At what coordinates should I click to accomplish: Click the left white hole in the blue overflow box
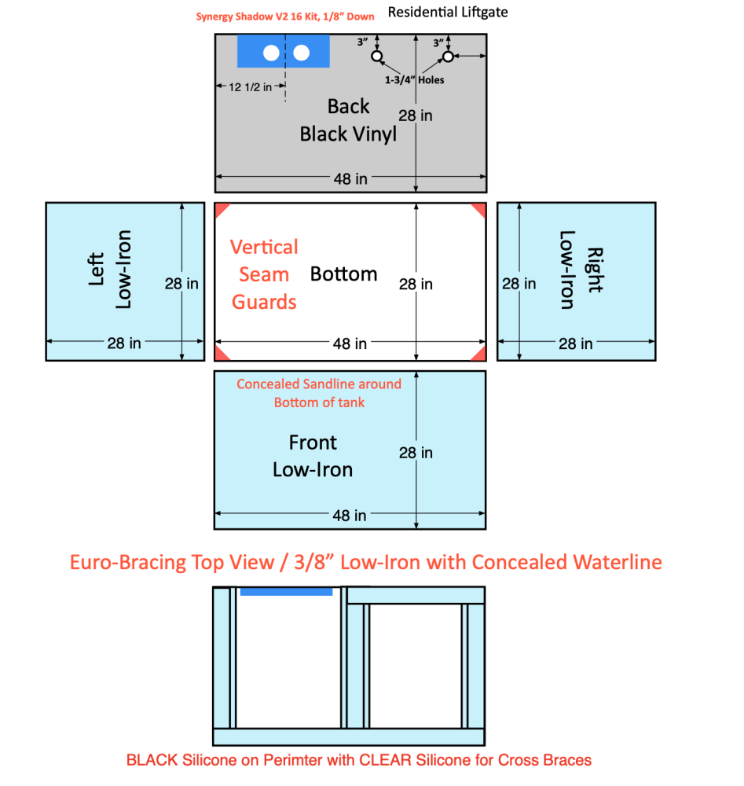tap(271, 53)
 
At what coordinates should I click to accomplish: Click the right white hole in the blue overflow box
tap(302, 53)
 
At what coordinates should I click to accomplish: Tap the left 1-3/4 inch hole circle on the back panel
tap(377, 57)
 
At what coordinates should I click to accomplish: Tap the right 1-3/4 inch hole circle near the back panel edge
tap(448, 57)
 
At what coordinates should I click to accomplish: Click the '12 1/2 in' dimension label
tap(251, 87)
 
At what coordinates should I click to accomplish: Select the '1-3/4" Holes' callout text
tap(414, 79)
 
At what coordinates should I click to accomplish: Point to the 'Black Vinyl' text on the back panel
tap(348, 134)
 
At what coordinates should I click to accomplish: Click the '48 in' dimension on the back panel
tap(350, 178)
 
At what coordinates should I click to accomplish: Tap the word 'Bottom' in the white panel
tap(344, 274)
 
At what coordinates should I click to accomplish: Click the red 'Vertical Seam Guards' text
tap(264, 274)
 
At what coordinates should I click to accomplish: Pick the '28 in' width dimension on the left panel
tap(125, 343)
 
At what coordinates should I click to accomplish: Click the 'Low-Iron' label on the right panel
tap(566, 270)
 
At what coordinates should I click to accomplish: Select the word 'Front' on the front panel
tap(313, 443)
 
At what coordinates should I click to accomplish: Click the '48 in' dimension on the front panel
tap(350, 516)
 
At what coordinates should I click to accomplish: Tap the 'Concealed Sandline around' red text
tap(319, 384)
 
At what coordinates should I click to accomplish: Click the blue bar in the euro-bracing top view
tap(287, 592)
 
